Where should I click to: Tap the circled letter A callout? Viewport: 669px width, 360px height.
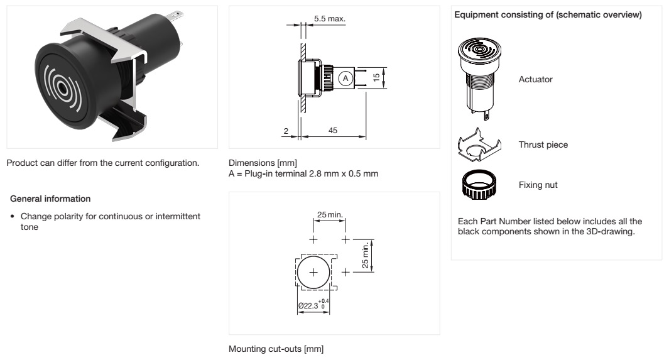(x=344, y=79)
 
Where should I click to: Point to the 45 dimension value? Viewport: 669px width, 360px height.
(x=333, y=130)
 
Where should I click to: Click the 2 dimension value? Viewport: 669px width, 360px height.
(x=285, y=130)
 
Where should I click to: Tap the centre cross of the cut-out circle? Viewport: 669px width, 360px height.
(x=314, y=273)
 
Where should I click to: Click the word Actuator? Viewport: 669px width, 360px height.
(x=536, y=80)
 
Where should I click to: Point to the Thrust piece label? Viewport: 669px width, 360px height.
(x=543, y=145)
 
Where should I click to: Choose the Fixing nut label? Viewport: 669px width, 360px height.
(x=538, y=185)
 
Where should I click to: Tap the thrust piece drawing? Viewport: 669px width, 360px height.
(x=478, y=145)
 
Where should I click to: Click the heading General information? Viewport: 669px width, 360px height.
(x=51, y=199)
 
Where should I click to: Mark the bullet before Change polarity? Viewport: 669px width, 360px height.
(x=13, y=217)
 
